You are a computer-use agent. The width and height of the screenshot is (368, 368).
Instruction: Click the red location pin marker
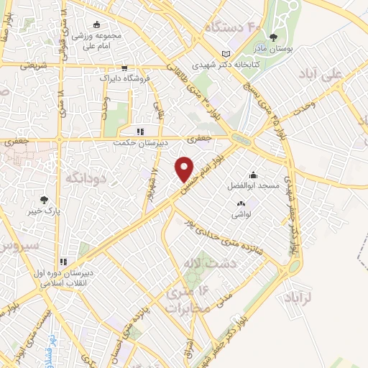[x=185, y=169]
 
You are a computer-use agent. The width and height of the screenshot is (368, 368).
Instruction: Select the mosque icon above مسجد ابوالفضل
[x=253, y=175]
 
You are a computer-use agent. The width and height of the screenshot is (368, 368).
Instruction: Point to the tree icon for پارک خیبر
[x=45, y=201]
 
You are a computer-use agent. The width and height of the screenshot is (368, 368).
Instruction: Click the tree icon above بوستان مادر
[x=272, y=37]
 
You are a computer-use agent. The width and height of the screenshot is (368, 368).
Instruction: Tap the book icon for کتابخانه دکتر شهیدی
[x=227, y=53]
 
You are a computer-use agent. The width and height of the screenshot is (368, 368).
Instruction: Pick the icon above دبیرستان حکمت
[x=141, y=132]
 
